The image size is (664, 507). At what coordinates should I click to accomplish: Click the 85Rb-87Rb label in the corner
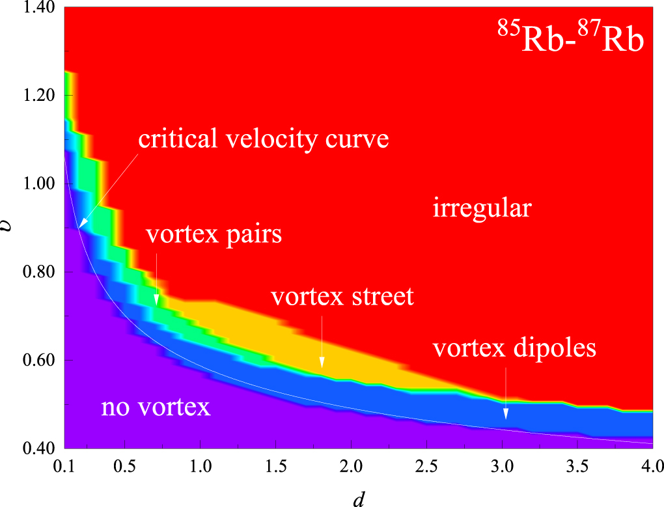tap(571, 41)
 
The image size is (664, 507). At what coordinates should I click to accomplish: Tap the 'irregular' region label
tap(482, 209)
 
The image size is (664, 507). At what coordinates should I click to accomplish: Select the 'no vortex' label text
tap(156, 407)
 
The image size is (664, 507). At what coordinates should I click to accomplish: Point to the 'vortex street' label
tap(342, 297)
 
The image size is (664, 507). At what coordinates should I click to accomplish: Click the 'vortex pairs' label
tap(214, 234)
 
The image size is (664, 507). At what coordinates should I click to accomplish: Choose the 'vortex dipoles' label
tap(514, 348)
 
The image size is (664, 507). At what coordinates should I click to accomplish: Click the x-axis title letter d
tap(357, 499)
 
